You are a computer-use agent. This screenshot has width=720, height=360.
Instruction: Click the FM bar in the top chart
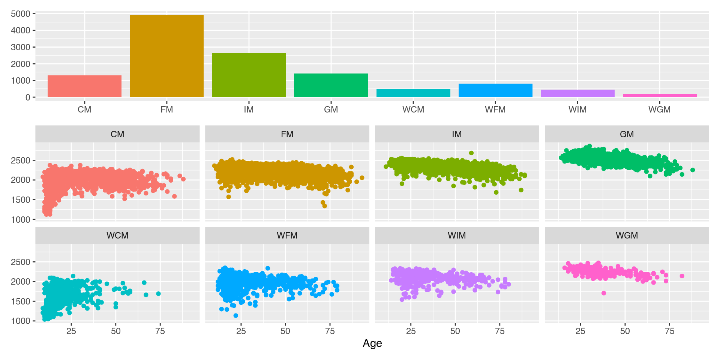pyautogui.click(x=166, y=56)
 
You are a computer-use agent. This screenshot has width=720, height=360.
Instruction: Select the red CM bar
pyautogui.click(x=84, y=86)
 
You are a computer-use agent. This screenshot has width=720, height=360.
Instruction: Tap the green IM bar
pyautogui.click(x=249, y=75)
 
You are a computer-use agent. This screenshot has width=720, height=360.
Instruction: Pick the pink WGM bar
pyautogui.click(x=660, y=95)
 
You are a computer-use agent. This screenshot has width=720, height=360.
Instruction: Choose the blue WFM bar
pyautogui.click(x=495, y=90)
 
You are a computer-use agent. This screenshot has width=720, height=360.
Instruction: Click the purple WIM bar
pyautogui.click(x=577, y=93)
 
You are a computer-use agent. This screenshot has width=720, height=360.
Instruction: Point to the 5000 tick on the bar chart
pyautogui.click(x=21, y=14)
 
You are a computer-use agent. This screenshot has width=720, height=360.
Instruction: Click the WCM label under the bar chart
pyautogui.click(x=413, y=109)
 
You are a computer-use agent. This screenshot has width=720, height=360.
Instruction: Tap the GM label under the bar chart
pyautogui.click(x=331, y=109)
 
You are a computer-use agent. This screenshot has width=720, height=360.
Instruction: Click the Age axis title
pyautogui.click(x=372, y=343)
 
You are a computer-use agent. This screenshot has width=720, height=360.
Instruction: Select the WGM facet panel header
pyautogui.click(x=627, y=235)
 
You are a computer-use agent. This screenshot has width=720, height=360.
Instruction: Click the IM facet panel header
pyautogui.click(x=457, y=134)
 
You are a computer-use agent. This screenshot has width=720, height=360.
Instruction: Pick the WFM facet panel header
pyautogui.click(x=287, y=235)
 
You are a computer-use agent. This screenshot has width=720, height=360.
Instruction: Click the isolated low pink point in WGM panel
pyautogui.click(x=604, y=293)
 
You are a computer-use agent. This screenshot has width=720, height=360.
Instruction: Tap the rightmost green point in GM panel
pyautogui.click(x=693, y=170)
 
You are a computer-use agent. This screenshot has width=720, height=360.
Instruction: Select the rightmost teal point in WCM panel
pyautogui.click(x=159, y=294)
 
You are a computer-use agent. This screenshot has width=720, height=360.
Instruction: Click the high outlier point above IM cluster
pyautogui.click(x=471, y=153)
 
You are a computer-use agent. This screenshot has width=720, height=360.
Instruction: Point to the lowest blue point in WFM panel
pyautogui.click(x=235, y=316)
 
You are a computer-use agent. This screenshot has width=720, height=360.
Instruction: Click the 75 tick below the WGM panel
pyautogui.click(x=669, y=331)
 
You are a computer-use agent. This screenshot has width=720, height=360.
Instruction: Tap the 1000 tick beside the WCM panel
pyautogui.click(x=21, y=321)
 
